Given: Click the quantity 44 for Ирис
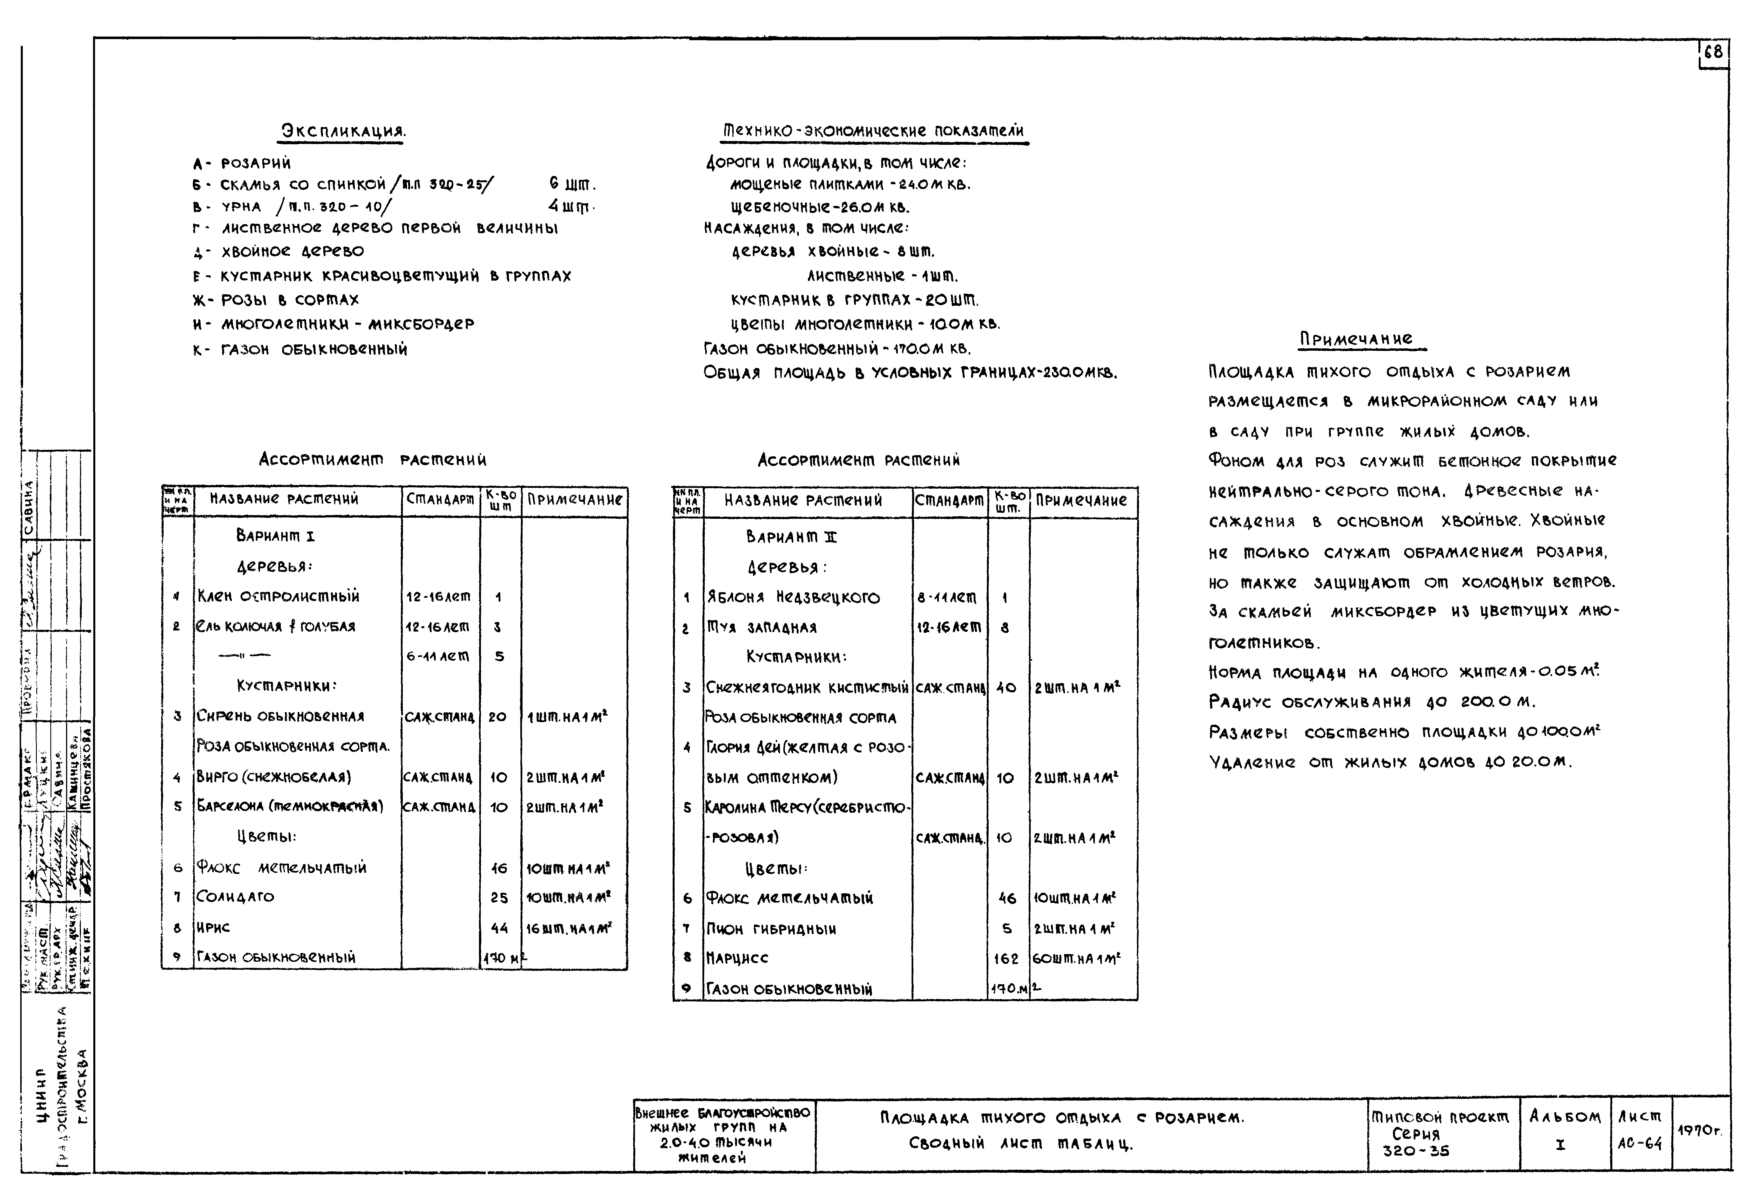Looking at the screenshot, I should (498, 927).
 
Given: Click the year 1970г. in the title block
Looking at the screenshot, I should (1699, 1131).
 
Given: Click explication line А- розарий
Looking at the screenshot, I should (241, 163).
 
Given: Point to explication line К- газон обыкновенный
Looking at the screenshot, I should (300, 350).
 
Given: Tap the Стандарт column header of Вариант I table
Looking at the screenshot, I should (440, 499).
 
